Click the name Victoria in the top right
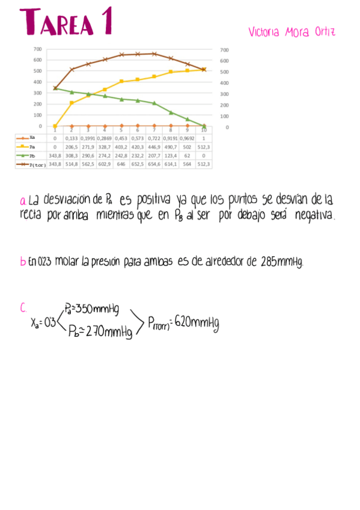point(264,32)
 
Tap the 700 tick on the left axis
point(37,49)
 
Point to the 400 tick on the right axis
point(224,82)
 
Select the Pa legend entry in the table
point(31,146)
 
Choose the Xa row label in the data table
point(31,138)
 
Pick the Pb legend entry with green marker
point(31,155)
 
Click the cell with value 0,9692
point(188,138)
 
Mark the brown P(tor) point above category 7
point(154,54)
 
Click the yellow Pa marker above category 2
point(72,103)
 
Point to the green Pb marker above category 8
point(171,112)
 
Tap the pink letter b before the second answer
point(22,262)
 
